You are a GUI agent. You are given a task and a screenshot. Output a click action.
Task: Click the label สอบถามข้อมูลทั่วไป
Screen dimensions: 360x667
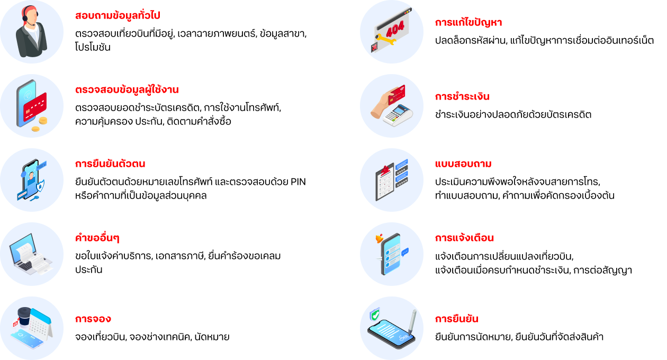[x=118, y=16]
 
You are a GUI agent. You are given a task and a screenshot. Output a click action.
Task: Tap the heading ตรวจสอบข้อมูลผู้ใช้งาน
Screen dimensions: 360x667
[x=127, y=90]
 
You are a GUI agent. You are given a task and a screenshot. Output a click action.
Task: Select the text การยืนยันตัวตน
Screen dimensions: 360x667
[x=110, y=164]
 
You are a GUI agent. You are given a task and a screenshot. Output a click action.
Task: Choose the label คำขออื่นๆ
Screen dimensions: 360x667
[x=97, y=238]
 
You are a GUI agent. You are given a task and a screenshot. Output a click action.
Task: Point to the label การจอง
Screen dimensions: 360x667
[x=93, y=319]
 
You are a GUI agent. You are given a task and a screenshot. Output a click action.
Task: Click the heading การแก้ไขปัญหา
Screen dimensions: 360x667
[x=468, y=23]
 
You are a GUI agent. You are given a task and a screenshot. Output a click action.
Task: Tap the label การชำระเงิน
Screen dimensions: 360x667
[x=462, y=97]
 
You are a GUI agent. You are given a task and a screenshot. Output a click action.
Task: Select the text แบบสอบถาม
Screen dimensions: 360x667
[x=463, y=164]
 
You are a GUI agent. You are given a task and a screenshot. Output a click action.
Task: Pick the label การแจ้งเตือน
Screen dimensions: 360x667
[x=465, y=238]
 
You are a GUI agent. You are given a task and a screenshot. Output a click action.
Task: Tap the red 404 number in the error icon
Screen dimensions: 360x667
[x=395, y=26]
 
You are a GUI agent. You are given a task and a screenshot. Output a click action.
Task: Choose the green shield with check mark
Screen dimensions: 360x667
[x=375, y=315]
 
